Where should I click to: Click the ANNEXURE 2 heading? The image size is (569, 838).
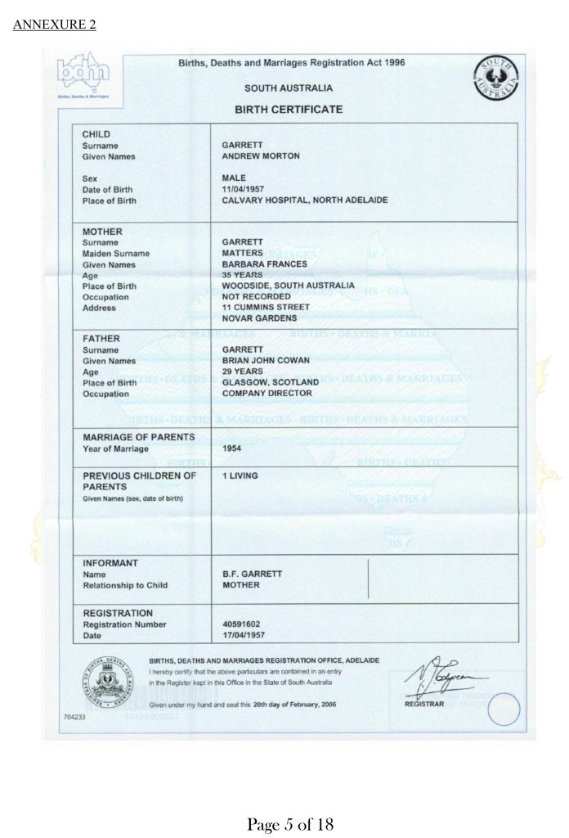pyautogui.click(x=55, y=25)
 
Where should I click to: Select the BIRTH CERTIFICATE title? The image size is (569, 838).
pyautogui.click(x=290, y=110)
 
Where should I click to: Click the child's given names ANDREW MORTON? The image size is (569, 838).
pyautogui.click(x=261, y=156)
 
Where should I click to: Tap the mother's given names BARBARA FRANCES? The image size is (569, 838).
pyautogui.click(x=264, y=264)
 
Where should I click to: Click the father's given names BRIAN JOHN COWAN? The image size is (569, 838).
pyautogui.click(x=267, y=360)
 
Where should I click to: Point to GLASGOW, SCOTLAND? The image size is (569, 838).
pyautogui.click(x=271, y=382)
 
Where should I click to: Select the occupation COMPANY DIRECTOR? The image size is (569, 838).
pyautogui.click(x=267, y=393)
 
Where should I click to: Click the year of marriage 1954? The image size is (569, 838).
pyautogui.click(x=231, y=448)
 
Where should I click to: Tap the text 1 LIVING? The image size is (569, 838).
pyautogui.click(x=239, y=475)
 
